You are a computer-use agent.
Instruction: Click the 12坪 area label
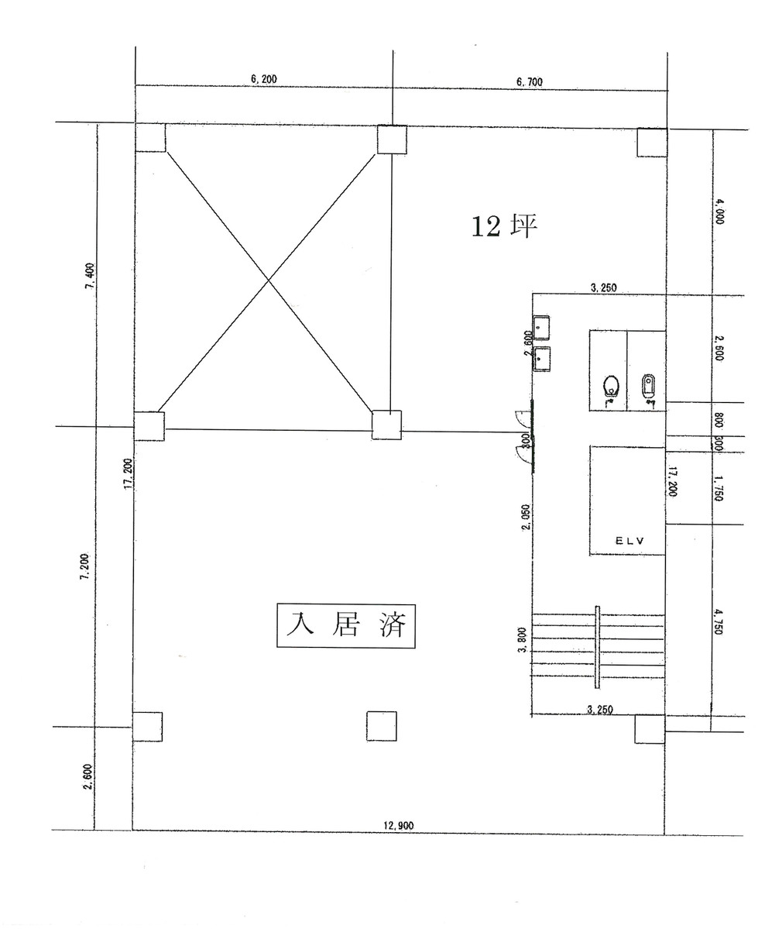(504, 226)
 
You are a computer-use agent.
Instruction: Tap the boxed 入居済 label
(346, 625)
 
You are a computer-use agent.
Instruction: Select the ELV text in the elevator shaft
(629, 541)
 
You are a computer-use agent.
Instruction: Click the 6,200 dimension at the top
(264, 79)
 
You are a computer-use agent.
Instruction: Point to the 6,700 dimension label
(529, 81)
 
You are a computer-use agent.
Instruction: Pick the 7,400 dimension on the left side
(91, 276)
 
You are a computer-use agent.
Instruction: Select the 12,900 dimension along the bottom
(398, 826)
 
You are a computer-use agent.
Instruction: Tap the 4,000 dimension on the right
(719, 211)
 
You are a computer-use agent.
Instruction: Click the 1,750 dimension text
(719, 488)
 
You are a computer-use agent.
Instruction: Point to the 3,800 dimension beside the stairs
(524, 640)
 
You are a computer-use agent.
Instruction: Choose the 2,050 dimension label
(526, 516)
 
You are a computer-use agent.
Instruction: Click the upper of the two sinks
(541, 328)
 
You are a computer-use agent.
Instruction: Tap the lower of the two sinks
(541, 359)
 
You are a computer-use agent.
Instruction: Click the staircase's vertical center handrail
(597, 647)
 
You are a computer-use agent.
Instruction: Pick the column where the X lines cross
(386, 425)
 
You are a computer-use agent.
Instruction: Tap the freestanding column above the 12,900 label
(381, 726)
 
